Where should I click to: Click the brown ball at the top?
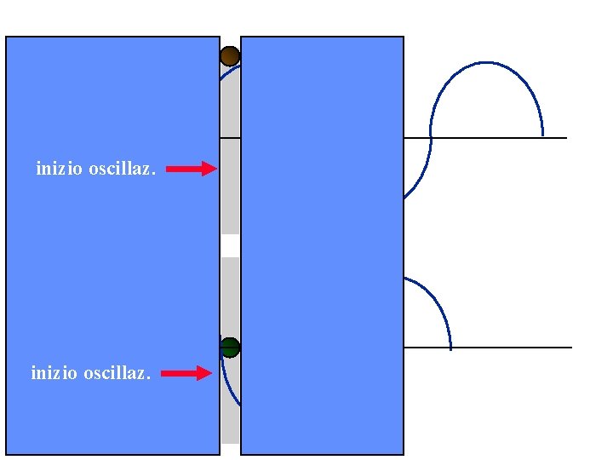pos(230,56)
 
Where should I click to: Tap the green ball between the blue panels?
pos(230,347)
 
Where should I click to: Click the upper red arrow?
pos(191,170)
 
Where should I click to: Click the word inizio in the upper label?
pos(59,169)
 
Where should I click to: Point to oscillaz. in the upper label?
pos(122,169)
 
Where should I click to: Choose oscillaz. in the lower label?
pos(117,373)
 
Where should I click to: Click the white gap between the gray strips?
pos(230,245)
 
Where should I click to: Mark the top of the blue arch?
pos(486,62)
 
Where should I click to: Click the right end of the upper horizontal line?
pos(565,137)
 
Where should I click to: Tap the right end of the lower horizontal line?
pos(570,348)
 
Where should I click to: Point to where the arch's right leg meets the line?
pos(542,136)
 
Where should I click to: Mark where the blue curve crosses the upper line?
pos(431,137)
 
